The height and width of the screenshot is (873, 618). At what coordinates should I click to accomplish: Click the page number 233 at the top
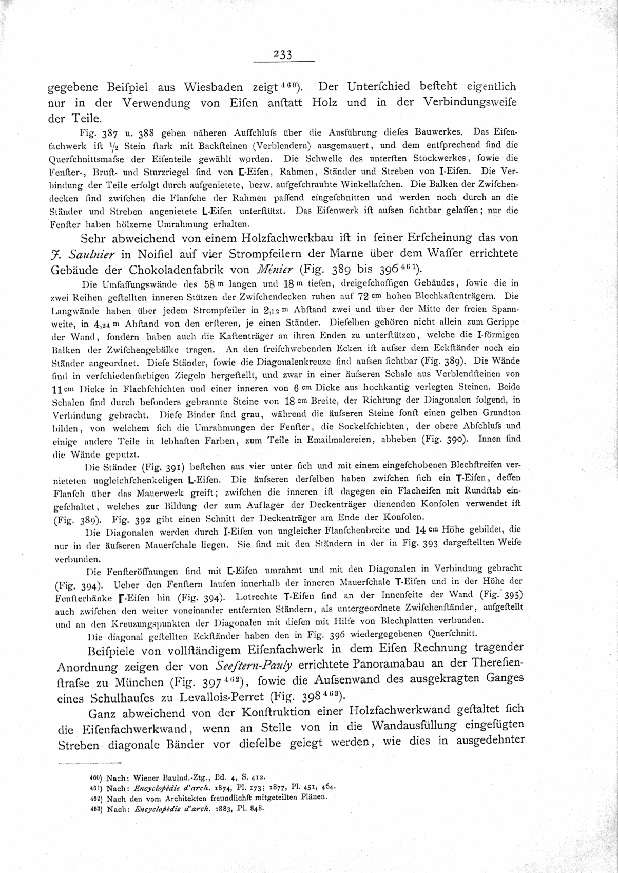[283, 54]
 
